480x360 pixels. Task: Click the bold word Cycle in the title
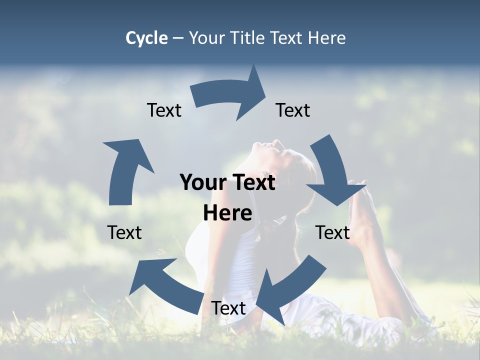pos(146,38)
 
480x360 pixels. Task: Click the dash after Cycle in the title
pos(178,38)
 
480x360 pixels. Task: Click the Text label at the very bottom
pos(228,308)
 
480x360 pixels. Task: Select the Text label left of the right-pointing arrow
pos(164,110)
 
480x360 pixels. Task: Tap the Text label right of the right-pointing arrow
pos(293,110)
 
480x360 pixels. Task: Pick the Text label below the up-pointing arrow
pos(124,232)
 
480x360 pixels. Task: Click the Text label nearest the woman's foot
pos(332,232)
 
